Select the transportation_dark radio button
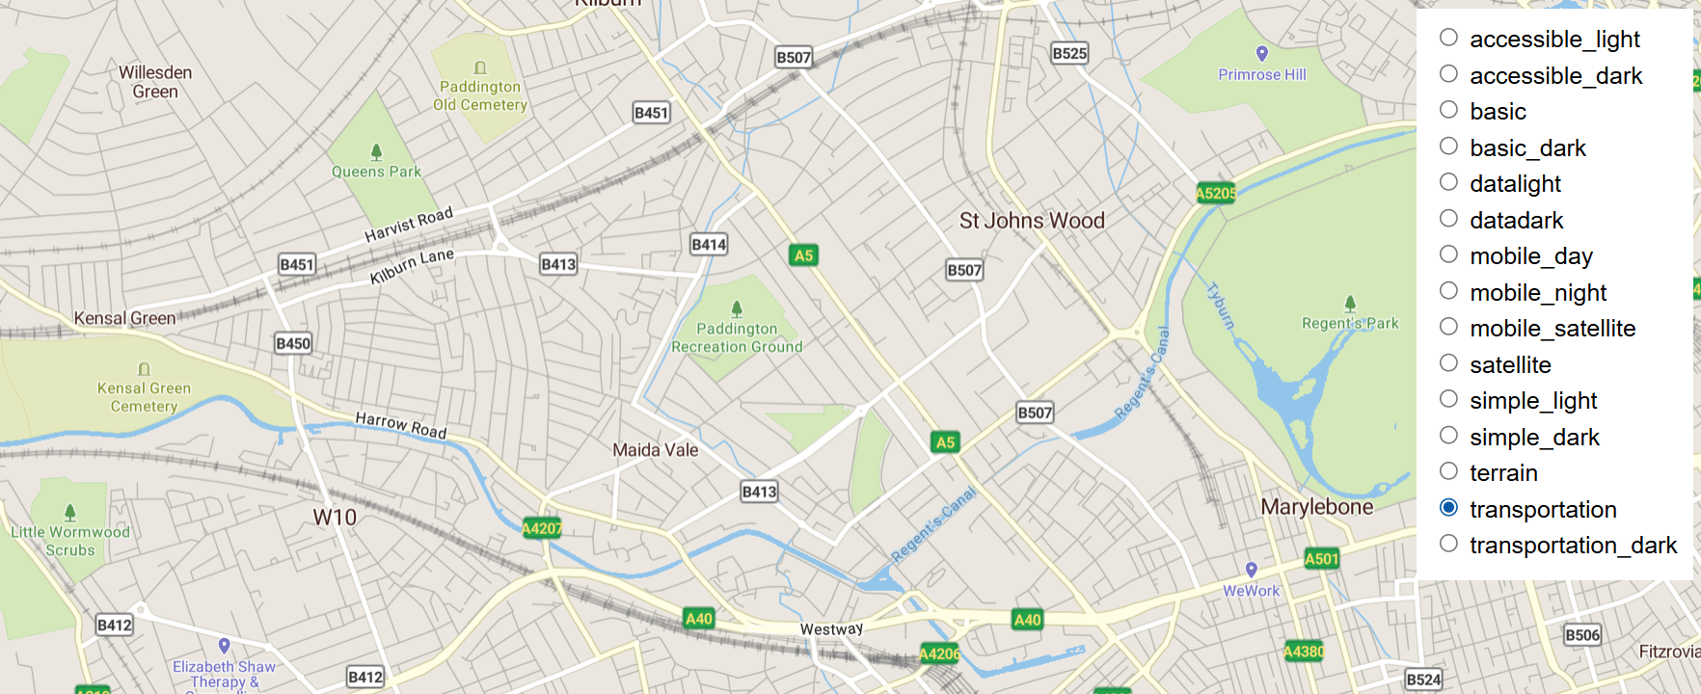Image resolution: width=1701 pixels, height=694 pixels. click(x=1448, y=544)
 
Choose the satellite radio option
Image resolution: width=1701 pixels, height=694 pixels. click(x=1448, y=363)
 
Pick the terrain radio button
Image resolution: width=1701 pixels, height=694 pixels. click(x=1448, y=471)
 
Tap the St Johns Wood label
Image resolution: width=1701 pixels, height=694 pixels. click(x=1031, y=221)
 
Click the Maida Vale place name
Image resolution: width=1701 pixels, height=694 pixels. click(x=655, y=450)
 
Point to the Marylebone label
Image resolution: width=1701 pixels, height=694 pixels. click(x=1316, y=507)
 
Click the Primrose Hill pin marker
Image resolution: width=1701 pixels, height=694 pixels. click(x=1261, y=54)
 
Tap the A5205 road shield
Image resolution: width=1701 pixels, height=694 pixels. click(x=1215, y=193)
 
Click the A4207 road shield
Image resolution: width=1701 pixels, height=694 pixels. click(x=541, y=528)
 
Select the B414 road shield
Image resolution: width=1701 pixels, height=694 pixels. click(x=709, y=245)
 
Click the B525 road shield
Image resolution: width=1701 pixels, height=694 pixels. click(x=1069, y=54)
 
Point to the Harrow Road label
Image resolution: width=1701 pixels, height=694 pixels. click(x=401, y=425)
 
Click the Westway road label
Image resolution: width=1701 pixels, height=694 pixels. click(x=831, y=629)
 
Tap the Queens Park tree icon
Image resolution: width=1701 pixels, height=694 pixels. click(x=376, y=152)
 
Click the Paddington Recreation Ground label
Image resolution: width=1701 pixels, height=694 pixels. click(x=737, y=338)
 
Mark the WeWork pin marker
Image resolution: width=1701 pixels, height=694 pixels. click(x=1251, y=570)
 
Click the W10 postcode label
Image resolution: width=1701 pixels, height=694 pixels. click(x=335, y=518)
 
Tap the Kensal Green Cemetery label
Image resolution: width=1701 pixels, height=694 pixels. click(x=144, y=397)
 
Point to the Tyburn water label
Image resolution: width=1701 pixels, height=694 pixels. click(x=1220, y=307)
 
